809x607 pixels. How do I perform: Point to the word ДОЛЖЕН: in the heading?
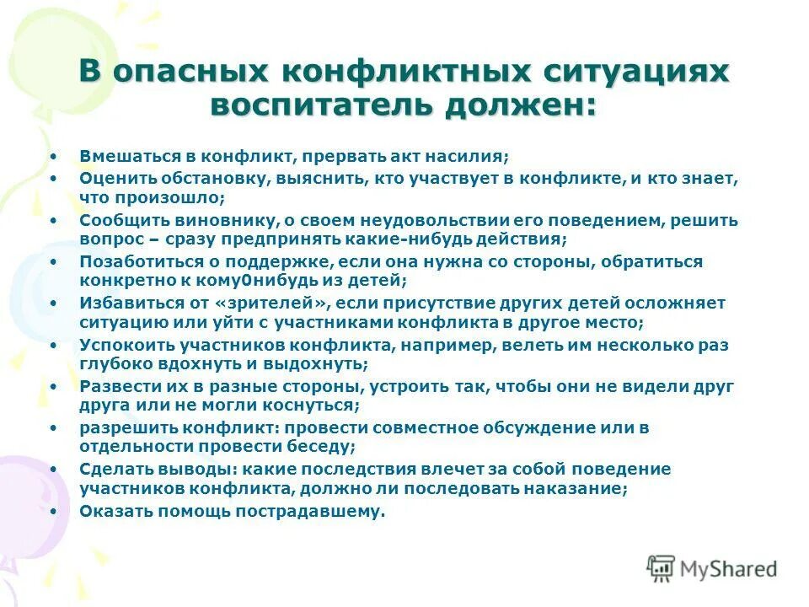528,105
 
